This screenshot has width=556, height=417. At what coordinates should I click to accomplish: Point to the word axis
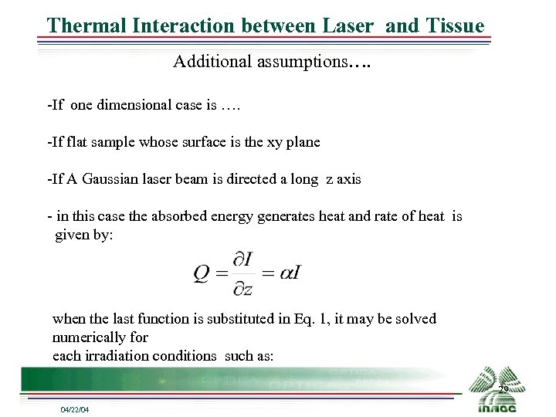(347, 179)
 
